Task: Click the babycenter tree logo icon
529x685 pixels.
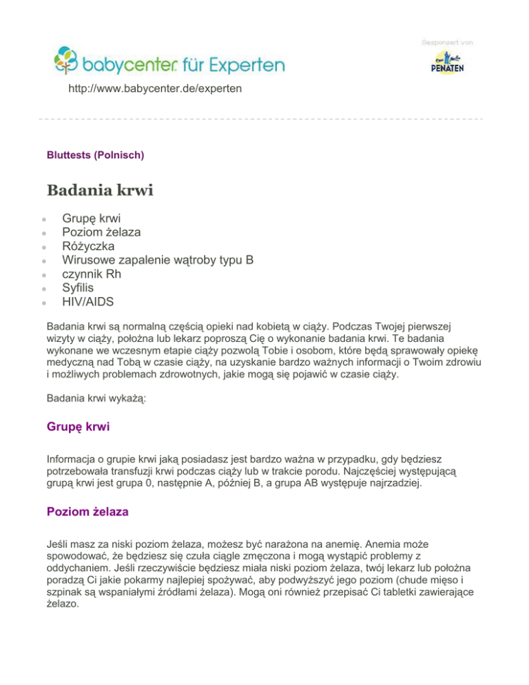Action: [68, 61]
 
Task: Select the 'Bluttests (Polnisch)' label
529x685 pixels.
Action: [94, 156]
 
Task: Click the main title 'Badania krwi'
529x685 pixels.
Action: [99, 190]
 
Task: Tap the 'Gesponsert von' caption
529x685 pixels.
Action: [446, 43]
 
